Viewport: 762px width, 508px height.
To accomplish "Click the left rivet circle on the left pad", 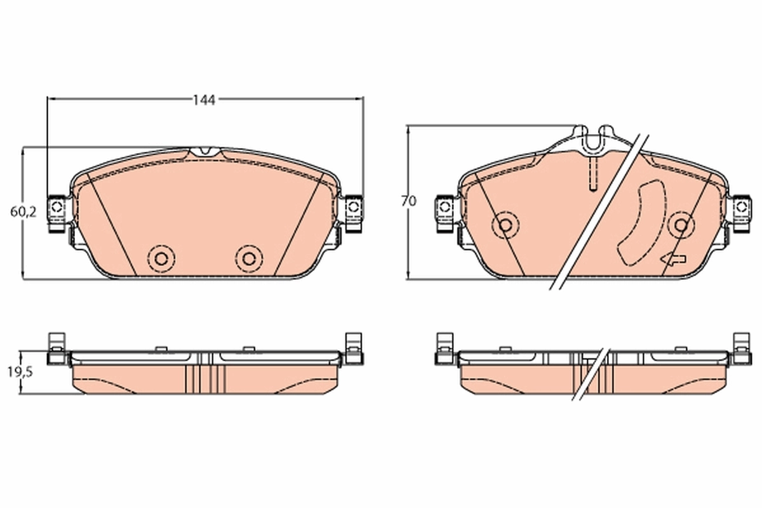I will [x=160, y=257].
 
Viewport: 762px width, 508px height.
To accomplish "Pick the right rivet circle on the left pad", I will [x=248, y=257].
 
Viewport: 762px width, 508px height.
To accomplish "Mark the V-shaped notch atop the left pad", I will [x=204, y=152].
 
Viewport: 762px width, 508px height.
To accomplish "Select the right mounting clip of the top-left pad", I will [x=354, y=208].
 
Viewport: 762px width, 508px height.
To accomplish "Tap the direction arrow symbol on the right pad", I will [x=672, y=259].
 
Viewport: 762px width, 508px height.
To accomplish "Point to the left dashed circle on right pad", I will [x=505, y=224].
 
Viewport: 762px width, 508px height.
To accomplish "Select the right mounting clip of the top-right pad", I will [x=741, y=209].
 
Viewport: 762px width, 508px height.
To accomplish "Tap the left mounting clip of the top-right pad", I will [x=444, y=209].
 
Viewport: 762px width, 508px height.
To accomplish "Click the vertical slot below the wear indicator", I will [x=591, y=173].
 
